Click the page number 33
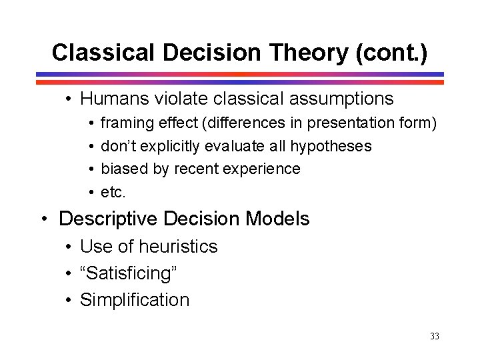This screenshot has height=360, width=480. [434, 337]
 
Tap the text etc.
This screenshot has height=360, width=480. [113, 192]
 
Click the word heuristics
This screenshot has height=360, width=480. [180, 247]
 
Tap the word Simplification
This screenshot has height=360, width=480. [135, 300]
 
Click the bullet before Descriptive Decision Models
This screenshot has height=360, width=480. [45, 219]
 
